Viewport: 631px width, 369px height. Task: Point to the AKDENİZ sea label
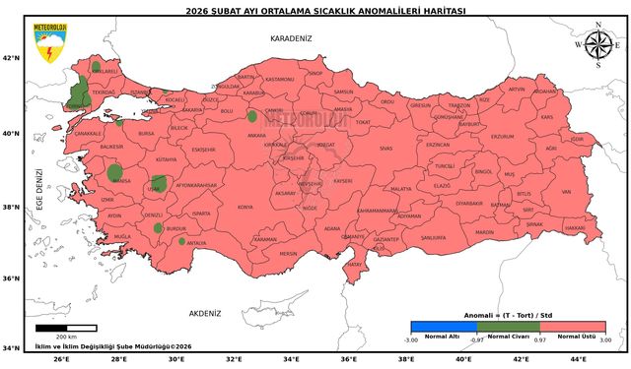(205, 312)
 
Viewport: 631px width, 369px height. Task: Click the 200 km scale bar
(66, 328)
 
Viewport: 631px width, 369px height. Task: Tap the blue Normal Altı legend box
(443, 326)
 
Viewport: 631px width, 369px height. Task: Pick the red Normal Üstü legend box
(573, 326)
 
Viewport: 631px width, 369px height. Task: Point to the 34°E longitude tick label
(291, 359)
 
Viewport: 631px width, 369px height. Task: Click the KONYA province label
(245, 208)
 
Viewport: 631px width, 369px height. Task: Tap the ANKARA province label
(256, 136)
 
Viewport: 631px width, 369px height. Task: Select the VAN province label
(566, 192)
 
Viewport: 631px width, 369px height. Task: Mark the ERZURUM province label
(503, 137)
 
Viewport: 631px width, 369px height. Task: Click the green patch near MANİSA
(117, 173)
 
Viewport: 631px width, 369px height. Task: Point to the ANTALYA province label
(196, 243)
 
